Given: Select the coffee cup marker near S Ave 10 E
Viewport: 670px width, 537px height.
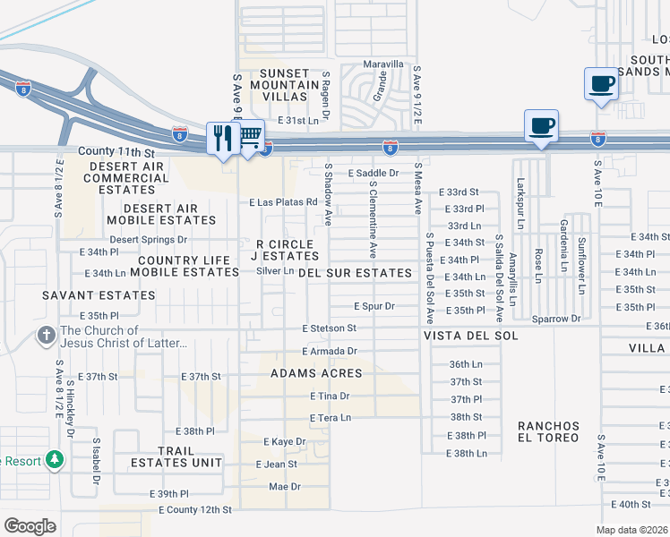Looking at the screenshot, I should tap(602, 84).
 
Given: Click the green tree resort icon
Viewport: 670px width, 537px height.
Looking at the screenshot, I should tap(56, 460).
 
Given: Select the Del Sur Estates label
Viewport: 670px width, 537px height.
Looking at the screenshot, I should tap(355, 272).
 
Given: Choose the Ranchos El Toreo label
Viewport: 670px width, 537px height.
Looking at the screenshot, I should tap(548, 432).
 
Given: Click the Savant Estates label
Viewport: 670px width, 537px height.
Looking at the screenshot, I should tap(98, 294).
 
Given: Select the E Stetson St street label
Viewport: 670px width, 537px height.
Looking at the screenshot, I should tap(329, 329).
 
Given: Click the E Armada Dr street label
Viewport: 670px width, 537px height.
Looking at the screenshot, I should tap(329, 352).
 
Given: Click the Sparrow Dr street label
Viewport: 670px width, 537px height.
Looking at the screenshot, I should tap(556, 318).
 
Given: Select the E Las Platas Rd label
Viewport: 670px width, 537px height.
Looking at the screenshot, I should tap(284, 202).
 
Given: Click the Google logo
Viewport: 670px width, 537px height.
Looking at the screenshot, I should tap(30, 525).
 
